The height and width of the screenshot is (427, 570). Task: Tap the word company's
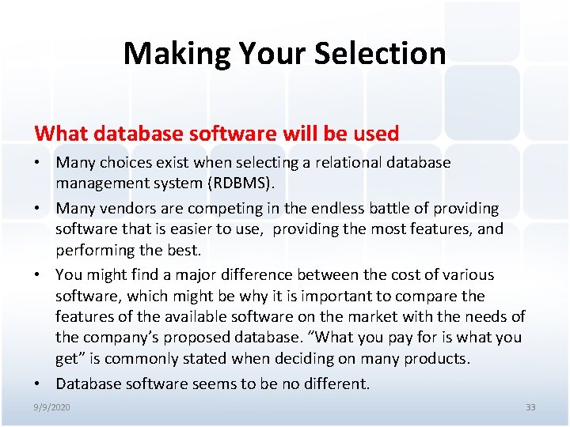[x=120, y=337]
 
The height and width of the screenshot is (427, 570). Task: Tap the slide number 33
[x=530, y=406]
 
